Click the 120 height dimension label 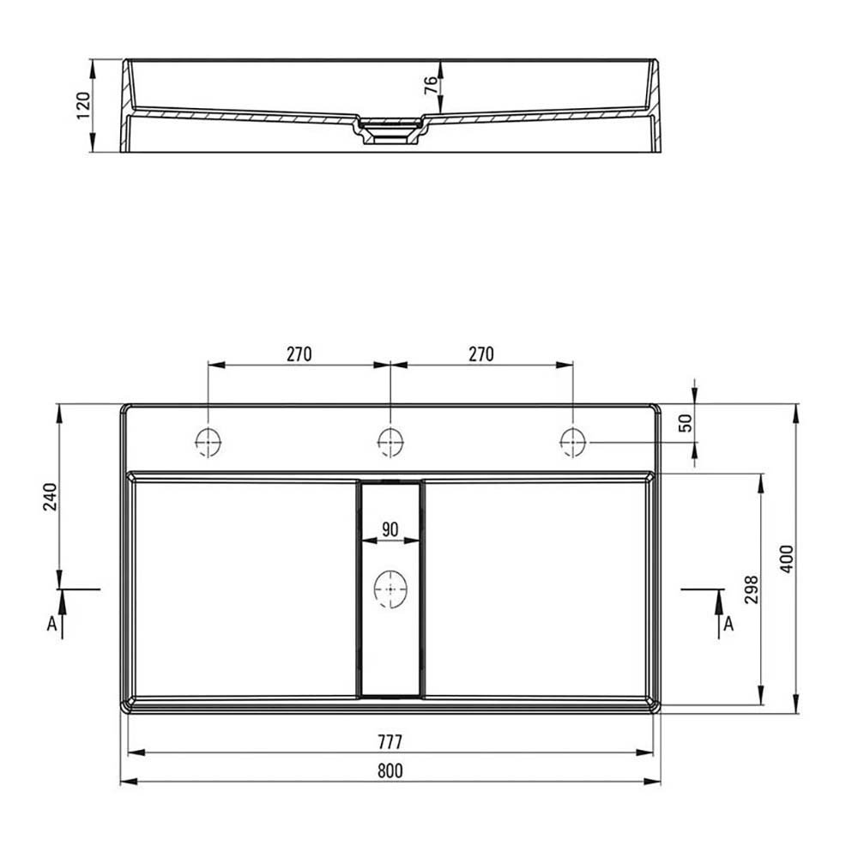[x=82, y=106]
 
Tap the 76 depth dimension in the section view [x=432, y=85]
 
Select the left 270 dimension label [x=299, y=354]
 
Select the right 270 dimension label [x=481, y=354]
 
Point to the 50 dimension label [x=685, y=422]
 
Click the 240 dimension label [x=51, y=496]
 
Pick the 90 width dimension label [x=390, y=529]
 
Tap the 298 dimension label [x=752, y=589]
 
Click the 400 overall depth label [x=786, y=559]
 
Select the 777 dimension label [x=390, y=742]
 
